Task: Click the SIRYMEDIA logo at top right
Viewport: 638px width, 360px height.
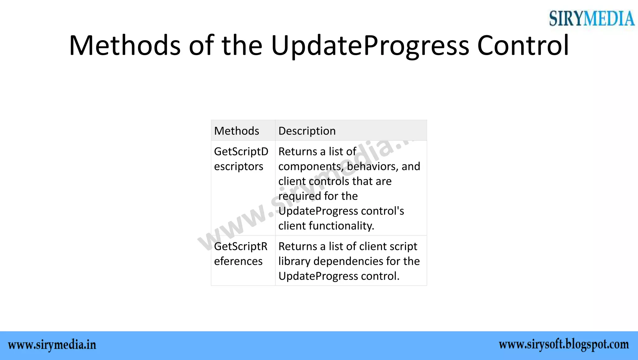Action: pyautogui.click(x=592, y=18)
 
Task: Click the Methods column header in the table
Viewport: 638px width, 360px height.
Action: pyautogui.click(x=236, y=131)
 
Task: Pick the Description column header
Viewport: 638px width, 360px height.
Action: pyautogui.click(x=307, y=131)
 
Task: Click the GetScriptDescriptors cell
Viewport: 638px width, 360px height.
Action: pyautogui.click(x=241, y=159)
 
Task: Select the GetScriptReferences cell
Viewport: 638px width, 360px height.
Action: pyautogui.click(x=240, y=253)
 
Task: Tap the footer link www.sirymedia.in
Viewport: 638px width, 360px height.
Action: pyautogui.click(x=52, y=345)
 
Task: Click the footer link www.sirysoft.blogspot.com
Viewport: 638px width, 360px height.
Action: pyautogui.click(x=564, y=345)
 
